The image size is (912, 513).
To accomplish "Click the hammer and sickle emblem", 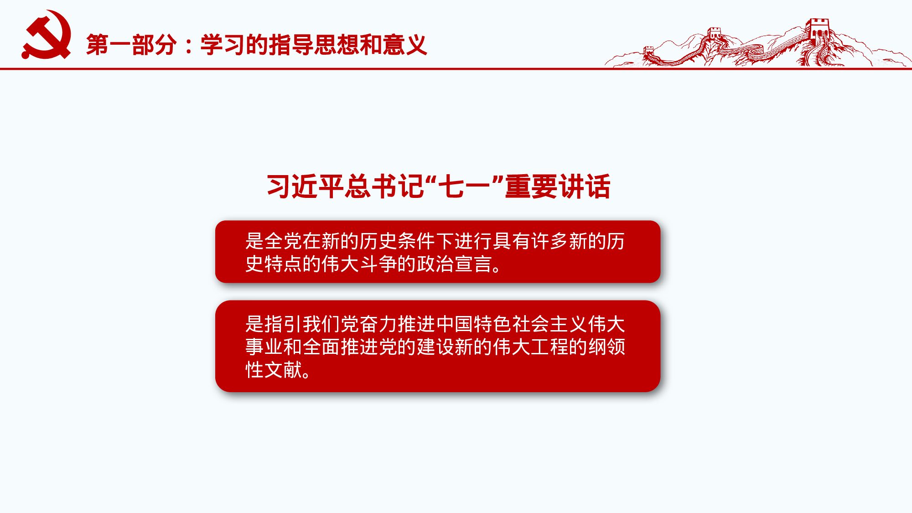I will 47,36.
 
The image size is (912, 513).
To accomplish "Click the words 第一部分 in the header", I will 131,45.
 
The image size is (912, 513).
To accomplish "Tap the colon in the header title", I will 189,46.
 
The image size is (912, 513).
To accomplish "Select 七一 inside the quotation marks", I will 464,187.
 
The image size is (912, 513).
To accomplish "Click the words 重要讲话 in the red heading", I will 557,187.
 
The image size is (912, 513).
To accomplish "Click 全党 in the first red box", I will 283,241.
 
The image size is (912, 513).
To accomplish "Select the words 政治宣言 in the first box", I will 454,264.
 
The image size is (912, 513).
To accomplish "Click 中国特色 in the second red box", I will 473,324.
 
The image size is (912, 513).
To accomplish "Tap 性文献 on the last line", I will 274,370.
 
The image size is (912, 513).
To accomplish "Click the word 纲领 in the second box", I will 606,347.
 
